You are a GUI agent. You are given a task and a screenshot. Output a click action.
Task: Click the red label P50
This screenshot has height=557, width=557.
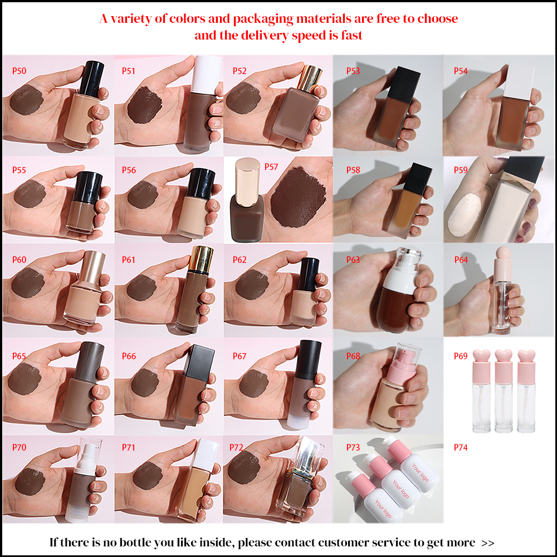[19, 71]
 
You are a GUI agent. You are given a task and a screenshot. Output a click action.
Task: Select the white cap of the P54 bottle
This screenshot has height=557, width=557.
[521, 78]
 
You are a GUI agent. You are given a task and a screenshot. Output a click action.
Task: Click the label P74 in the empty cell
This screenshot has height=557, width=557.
[461, 447]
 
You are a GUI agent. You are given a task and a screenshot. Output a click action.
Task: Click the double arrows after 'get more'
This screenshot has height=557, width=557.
[487, 543]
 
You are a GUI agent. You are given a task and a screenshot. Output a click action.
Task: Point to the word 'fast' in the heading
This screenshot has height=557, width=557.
[350, 35]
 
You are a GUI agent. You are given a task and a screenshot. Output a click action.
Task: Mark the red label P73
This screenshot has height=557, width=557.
[353, 447]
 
